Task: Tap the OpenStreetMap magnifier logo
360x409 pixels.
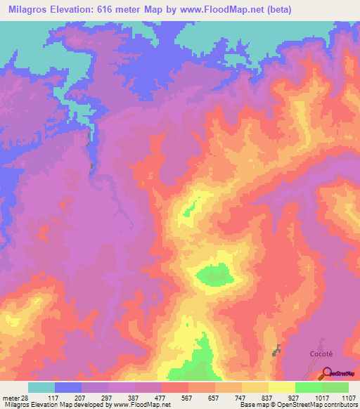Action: pyautogui.click(x=326, y=373)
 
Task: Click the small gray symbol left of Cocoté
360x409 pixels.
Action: pyautogui.click(x=277, y=349)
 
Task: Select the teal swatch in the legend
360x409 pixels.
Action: pyautogui.click(x=41, y=387)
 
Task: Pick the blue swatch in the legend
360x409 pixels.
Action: pyautogui.click(x=68, y=387)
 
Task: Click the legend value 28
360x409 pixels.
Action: pyautogui.click(x=27, y=398)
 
